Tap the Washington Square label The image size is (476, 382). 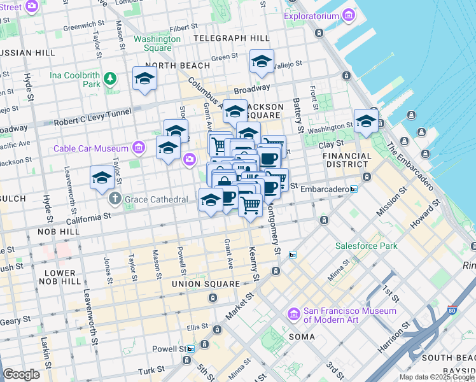point(157,43)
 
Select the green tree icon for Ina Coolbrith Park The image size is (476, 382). point(111,78)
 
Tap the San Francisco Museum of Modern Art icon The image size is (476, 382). point(293,315)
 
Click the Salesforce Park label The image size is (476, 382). point(367,246)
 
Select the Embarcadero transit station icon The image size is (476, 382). point(353,190)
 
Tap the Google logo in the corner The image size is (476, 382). point(21,374)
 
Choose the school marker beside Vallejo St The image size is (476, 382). point(262,62)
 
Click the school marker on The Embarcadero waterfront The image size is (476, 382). point(366,121)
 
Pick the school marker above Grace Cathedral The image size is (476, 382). point(101,179)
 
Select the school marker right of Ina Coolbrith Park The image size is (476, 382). point(144,79)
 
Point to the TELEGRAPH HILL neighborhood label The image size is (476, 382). point(227,38)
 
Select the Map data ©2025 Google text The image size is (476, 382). point(436,377)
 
